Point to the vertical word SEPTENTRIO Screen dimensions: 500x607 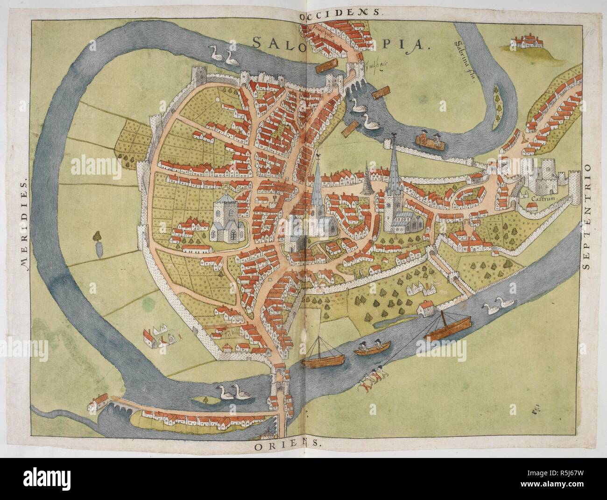586,218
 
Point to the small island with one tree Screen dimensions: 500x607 204,399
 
